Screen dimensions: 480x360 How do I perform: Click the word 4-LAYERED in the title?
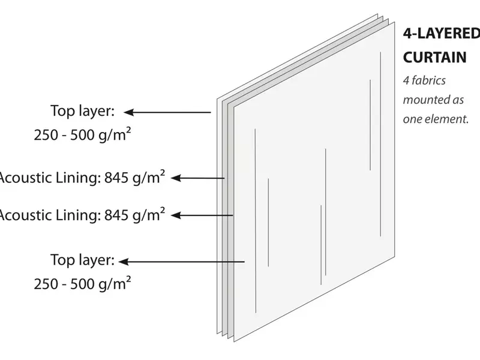pos(442,34)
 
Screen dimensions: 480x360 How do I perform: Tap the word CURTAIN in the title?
pos(434,57)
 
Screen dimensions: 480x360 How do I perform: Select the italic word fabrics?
pos(428,80)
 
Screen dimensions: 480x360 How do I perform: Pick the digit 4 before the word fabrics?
pos(406,80)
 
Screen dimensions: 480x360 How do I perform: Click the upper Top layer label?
pos(82,111)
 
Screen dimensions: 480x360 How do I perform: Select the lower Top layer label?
pos(82,260)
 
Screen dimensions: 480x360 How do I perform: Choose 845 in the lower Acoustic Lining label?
pos(116,215)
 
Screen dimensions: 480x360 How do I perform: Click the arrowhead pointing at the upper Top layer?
pos(128,112)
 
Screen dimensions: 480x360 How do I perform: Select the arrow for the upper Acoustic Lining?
pos(198,178)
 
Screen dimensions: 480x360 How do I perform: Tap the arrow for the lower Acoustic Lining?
pos(202,215)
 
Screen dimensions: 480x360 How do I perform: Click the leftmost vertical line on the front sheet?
pos(256,221)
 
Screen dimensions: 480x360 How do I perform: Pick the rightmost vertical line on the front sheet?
pos(380,144)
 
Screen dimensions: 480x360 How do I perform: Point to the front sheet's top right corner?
pos(395,22)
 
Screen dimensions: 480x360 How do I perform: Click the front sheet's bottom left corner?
pos(234,341)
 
